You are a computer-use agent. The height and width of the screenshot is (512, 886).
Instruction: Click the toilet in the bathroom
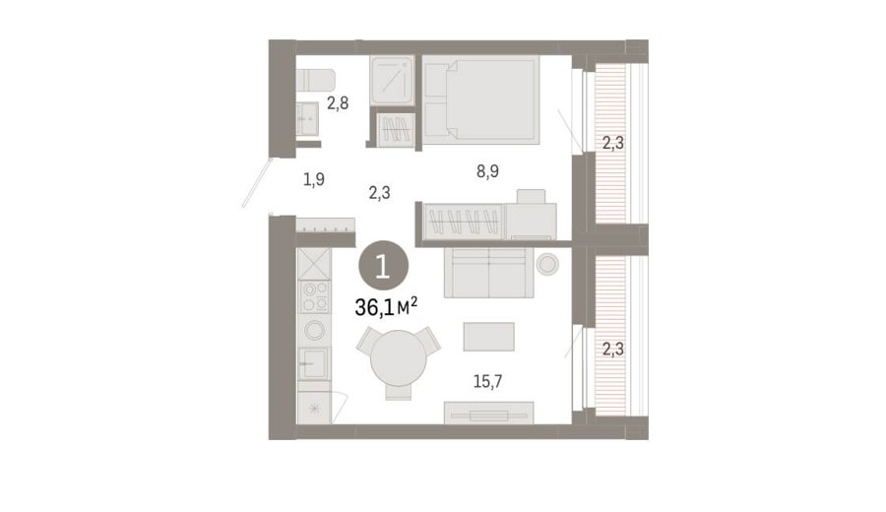point(315,80)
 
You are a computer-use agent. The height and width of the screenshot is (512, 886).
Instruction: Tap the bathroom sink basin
point(307,119)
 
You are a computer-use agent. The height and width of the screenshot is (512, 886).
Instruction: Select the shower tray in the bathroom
point(393,80)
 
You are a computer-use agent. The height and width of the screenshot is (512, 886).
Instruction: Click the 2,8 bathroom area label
point(338,103)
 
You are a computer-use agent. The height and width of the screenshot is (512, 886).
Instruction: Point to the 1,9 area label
point(314,180)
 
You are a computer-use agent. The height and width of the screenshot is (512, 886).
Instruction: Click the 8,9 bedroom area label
point(487,170)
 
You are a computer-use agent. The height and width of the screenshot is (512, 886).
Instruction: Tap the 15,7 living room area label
point(487,381)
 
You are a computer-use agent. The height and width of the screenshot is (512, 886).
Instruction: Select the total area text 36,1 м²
point(386,307)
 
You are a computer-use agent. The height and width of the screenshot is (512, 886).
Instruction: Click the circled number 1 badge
point(383,266)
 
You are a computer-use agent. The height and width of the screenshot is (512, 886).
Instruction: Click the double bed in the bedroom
point(480,98)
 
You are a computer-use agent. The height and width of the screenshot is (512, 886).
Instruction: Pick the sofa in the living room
point(488,273)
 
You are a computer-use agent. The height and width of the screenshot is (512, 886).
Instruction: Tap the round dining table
point(399,358)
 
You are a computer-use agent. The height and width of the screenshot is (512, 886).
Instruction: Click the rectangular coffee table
point(488,337)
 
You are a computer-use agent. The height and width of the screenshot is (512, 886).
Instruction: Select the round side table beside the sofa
point(547,264)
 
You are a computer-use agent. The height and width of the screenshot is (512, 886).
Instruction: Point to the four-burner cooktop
point(315,296)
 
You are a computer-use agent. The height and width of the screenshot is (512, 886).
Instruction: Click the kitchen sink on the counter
point(314,363)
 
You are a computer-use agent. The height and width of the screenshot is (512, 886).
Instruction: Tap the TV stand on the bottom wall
point(488,413)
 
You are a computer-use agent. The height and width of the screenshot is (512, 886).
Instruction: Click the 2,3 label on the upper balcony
point(613,144)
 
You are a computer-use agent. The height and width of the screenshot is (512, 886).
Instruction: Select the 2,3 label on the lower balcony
point(613,350)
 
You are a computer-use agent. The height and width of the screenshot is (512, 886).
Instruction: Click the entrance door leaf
point(257,182)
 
